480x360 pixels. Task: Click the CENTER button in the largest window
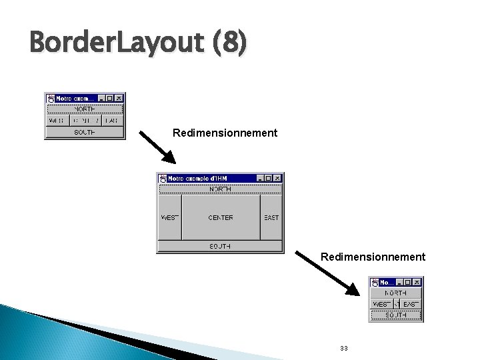pos(221,217)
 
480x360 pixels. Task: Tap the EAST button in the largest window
pos(271,217)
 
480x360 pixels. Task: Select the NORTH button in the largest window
pos(221,189)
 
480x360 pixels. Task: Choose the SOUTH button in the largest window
pos(221,246)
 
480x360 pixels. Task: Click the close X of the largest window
pos(277,178)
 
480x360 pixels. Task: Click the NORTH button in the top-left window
pos(85,109)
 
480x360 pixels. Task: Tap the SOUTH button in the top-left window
pos(85,132)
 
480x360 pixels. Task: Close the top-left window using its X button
pos(119,98)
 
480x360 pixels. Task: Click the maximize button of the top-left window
pos(110,98)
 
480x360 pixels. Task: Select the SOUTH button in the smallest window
pos(396,315)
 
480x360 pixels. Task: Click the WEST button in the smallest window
pos(381,304)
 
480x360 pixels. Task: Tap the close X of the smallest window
pos(417,282)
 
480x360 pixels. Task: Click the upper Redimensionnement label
pos(225,133)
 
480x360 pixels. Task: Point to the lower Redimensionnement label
pos(373,257)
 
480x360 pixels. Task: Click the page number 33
pos(343,349)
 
